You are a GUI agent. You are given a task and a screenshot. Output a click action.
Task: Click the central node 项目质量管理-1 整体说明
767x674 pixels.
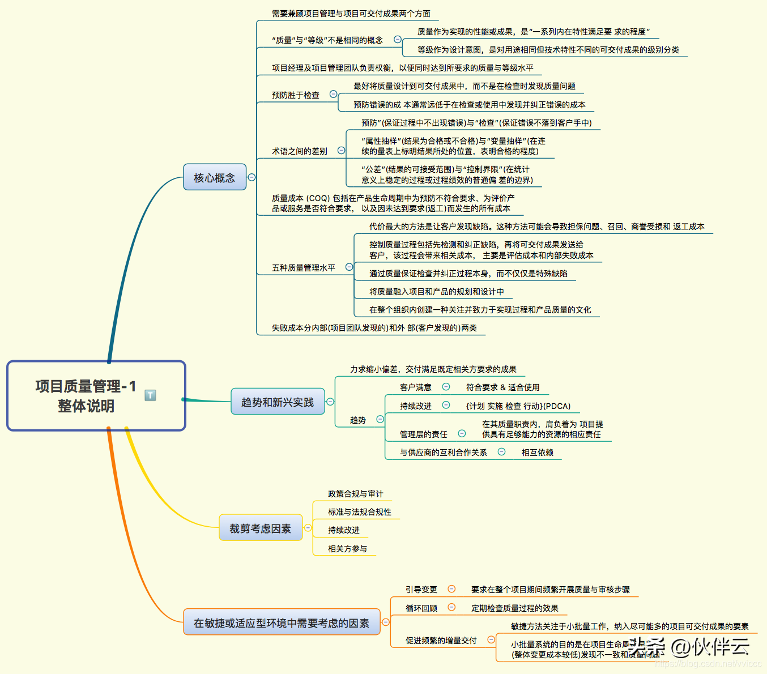point(86,396)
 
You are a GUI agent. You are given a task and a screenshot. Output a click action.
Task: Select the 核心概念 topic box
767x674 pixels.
point(215,177)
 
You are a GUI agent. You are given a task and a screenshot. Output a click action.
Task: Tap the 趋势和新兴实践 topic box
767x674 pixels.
point(278,402)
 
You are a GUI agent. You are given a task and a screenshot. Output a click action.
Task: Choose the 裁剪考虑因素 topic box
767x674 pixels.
point(260,528)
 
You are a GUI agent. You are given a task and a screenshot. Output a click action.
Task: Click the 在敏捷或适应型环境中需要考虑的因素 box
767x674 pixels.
point(282,623)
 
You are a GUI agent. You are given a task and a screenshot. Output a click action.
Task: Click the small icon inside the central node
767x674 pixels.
point(150,395)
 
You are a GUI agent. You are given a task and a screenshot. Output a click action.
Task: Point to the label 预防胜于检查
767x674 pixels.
point(296,95)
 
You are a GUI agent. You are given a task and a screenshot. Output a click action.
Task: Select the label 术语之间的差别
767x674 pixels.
point(300,151)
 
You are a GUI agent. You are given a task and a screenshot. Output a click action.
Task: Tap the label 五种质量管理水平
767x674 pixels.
point(304,268)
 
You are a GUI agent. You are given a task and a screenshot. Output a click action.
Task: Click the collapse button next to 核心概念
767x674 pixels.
point(252,177)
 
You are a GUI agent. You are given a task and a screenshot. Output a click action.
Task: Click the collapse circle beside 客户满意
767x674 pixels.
point(446,387)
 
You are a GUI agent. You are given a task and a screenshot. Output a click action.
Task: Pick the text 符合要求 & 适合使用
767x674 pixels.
point(502,387)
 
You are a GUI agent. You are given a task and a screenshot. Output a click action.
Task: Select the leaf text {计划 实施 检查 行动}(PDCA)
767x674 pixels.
point(518,406)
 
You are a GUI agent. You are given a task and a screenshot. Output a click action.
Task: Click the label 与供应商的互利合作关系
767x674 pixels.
point(443,453)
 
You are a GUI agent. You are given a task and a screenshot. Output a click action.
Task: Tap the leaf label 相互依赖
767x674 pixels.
point(537,453)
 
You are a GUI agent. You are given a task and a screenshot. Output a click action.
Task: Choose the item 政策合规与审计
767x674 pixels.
point(355,494)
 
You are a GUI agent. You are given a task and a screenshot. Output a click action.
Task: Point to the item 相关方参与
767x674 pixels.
point(347,549)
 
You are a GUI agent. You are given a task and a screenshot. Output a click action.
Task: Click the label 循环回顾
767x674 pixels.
point(421,608)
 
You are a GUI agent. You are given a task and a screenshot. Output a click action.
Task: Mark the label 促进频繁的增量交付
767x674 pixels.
point(441,641)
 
